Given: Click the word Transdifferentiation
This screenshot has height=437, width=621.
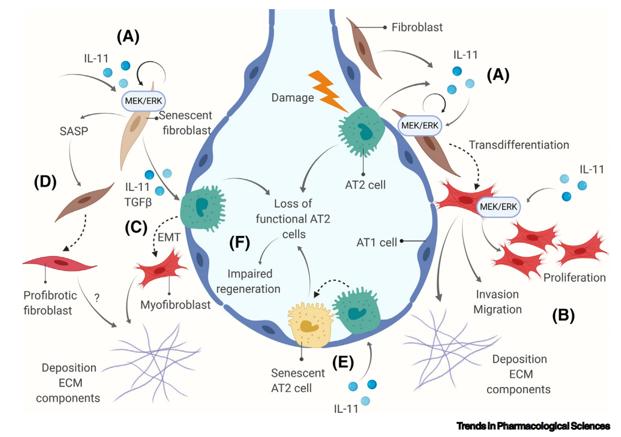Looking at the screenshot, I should coord(519,145).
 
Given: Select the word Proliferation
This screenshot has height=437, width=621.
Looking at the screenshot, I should coord(574,278).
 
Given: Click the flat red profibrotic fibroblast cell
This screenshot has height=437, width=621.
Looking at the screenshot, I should coord(60,264).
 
